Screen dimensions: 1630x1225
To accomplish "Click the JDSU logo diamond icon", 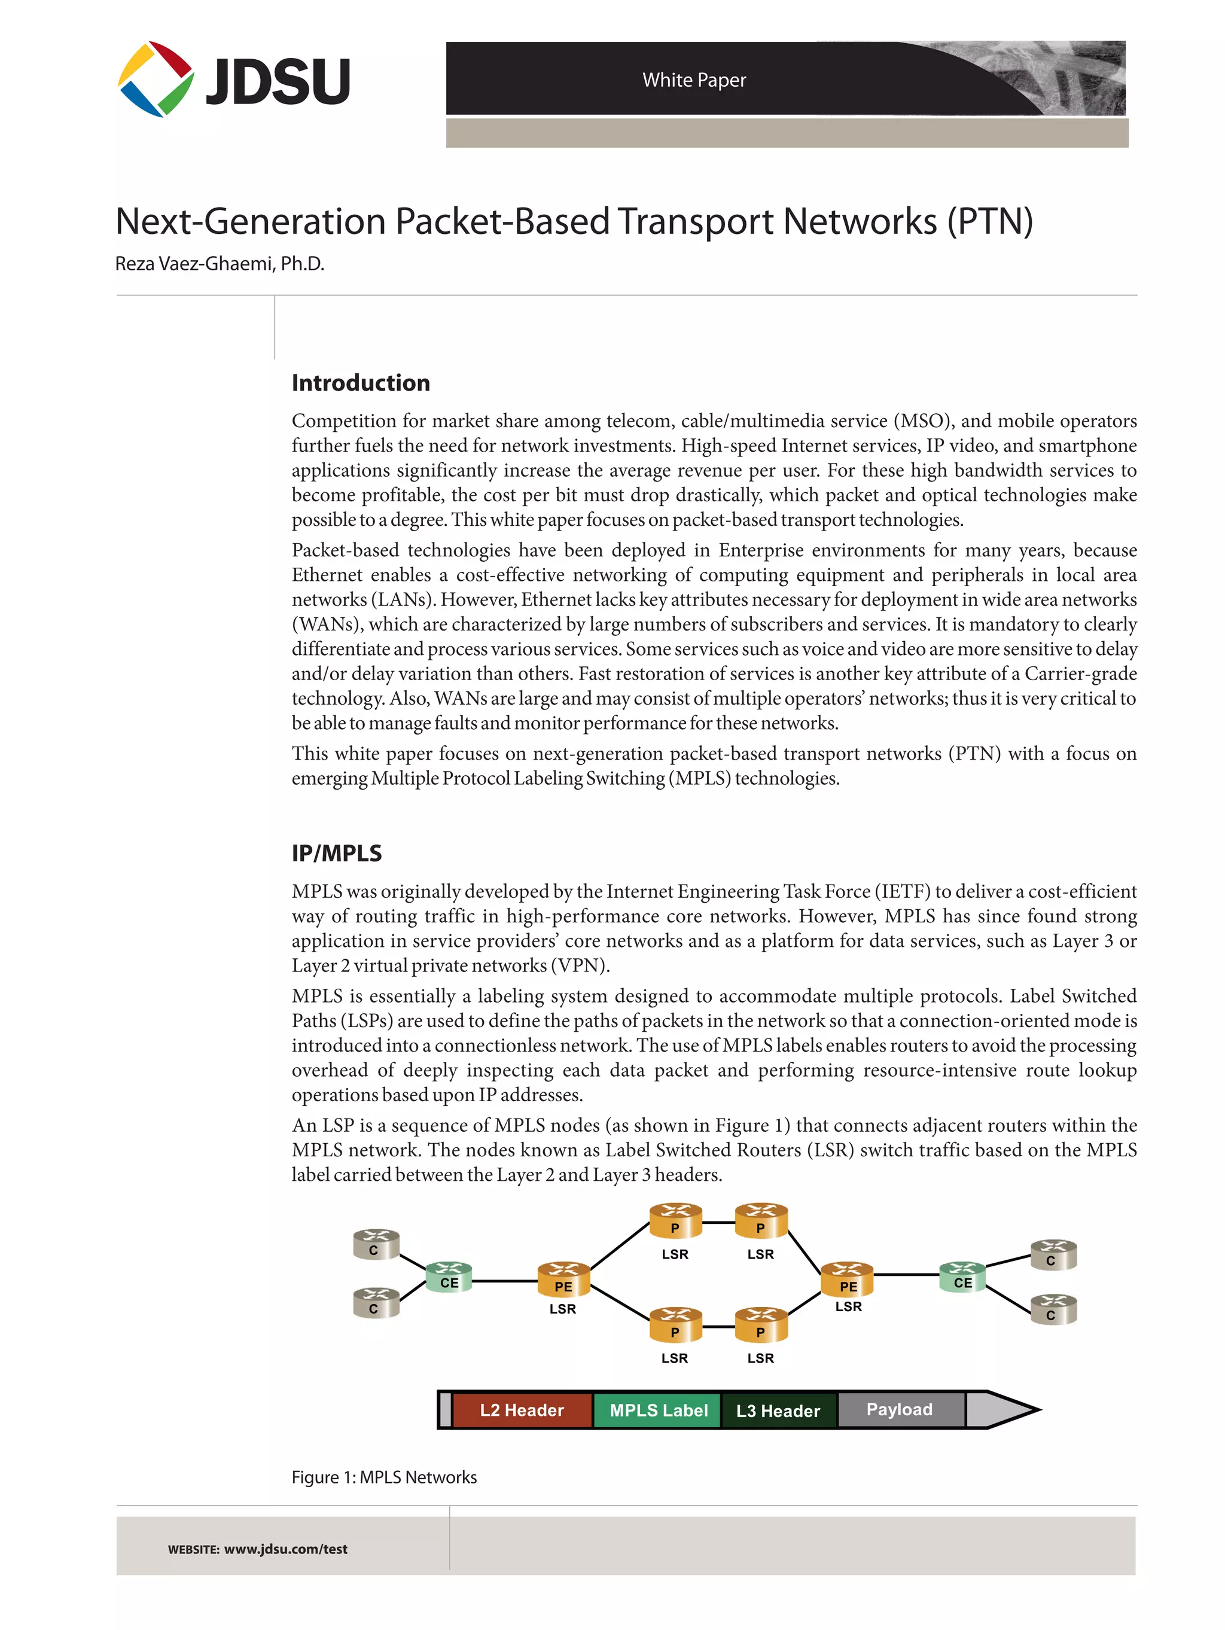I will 156,79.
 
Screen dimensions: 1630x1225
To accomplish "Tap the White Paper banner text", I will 694,80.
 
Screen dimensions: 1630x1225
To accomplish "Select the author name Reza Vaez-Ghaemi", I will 219,264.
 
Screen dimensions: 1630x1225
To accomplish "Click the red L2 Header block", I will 521,1410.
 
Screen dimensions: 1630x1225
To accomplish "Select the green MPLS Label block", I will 657,1410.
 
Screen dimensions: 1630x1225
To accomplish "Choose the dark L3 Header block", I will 778,1410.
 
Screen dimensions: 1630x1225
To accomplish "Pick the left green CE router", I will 449,1277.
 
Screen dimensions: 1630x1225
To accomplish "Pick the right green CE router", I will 962,1277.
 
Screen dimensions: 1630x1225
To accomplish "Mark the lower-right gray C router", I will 1053,1309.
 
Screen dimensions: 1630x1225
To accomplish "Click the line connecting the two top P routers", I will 718,1222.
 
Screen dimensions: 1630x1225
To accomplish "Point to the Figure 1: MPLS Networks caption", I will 384,1477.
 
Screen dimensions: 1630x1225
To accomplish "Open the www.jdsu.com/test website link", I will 285,1548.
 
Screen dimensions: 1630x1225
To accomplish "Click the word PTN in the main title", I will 990,221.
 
